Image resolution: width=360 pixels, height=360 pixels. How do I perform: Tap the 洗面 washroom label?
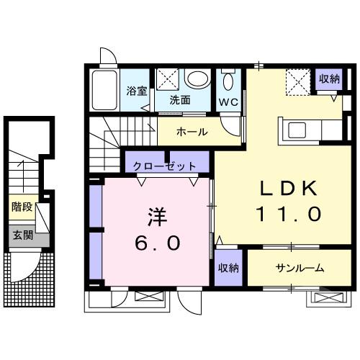tap(180, 100)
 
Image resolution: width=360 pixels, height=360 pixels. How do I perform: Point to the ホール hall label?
tap(192, 132)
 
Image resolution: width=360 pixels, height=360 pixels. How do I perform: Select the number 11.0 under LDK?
tap(288, 214)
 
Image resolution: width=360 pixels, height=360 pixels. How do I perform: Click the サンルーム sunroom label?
tap(299, 268)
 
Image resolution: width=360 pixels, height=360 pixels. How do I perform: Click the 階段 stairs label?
tap(22, 207)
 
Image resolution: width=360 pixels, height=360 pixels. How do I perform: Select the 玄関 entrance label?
tap(22, 235)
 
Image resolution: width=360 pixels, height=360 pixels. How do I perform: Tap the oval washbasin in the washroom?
tap(195, 79)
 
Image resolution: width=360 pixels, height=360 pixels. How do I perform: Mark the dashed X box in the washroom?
tap(168, 78)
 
